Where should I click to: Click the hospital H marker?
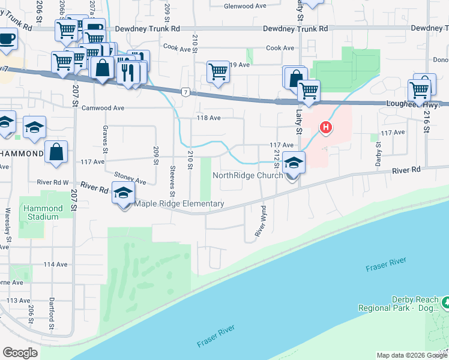325,127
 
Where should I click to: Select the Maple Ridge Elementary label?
179,204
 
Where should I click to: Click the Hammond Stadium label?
43,212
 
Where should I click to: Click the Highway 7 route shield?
186,91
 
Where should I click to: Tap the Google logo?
20,353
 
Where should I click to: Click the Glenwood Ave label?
244,6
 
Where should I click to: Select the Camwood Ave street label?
103,109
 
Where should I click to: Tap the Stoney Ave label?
130,178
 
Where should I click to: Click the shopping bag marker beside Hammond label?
56,152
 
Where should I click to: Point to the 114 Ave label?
55,264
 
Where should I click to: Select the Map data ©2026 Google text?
411,355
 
